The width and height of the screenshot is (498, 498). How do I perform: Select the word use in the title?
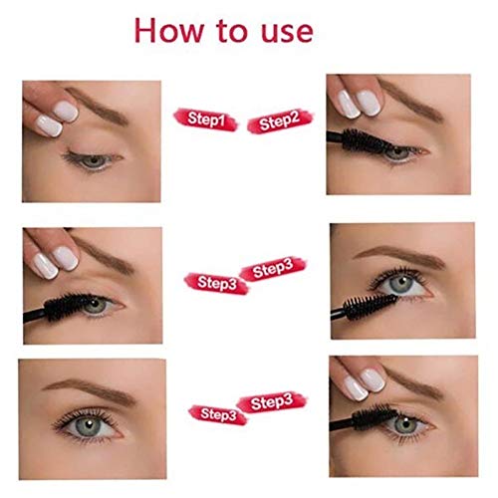click(x=287, y=34)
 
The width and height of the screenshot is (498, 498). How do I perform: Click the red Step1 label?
click(x=206, y=120)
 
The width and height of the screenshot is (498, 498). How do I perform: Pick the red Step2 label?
click(x=280, y=122)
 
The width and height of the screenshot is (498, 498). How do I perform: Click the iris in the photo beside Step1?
click(x=95, y=161)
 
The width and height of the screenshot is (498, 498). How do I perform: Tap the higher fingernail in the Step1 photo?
click(x=66, y=112)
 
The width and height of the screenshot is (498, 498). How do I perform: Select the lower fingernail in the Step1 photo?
click(x=49, y=125)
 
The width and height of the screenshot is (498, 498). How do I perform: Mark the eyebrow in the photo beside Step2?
click(x=410, y=99)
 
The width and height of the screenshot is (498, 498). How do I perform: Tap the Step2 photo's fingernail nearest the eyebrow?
click(x=369, y=103)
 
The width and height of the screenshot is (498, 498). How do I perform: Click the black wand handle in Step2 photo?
click(x=335, y=136)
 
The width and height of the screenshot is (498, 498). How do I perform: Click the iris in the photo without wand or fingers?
click(x=89, y=425)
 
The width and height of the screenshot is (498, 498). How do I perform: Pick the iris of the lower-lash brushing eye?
click(x=400, y=284)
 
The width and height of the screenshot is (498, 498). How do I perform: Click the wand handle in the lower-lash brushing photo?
click(x=339, y=313)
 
